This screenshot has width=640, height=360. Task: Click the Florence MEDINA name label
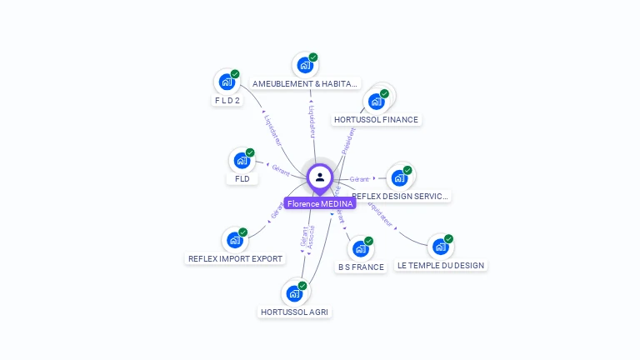[x=320, y=203]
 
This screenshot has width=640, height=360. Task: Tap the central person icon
[x=320, y=177]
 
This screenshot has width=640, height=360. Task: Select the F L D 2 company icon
[x=226, y=82]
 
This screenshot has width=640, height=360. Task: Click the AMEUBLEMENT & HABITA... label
[x=306, y=84]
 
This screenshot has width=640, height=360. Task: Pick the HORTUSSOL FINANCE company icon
[x=376, y=102]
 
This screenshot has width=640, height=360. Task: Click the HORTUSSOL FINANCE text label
[x=376, y=120]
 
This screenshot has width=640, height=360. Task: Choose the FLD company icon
[x=242, y=160]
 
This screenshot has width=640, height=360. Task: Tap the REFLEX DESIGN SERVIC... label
[x=400, y=197]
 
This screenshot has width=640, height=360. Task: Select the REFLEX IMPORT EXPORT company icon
[x=234, y=240]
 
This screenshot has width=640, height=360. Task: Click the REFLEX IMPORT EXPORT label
[x=235, y=259]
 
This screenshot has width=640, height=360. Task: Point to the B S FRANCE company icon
[x=360, y=248]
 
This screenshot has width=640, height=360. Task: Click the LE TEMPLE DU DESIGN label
[x=440, y=266]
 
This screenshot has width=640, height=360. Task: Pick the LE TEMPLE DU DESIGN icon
[x=440, y=247]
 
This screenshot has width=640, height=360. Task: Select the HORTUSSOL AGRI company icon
[x=294, y=293]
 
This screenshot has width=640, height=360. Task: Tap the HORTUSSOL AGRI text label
[x=294, y=312]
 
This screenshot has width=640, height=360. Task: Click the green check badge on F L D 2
[x=235, y=74]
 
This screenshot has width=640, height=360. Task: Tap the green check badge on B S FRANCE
[x=368, y=241]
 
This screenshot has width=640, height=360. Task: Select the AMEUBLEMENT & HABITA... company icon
[x=305, y=65]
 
